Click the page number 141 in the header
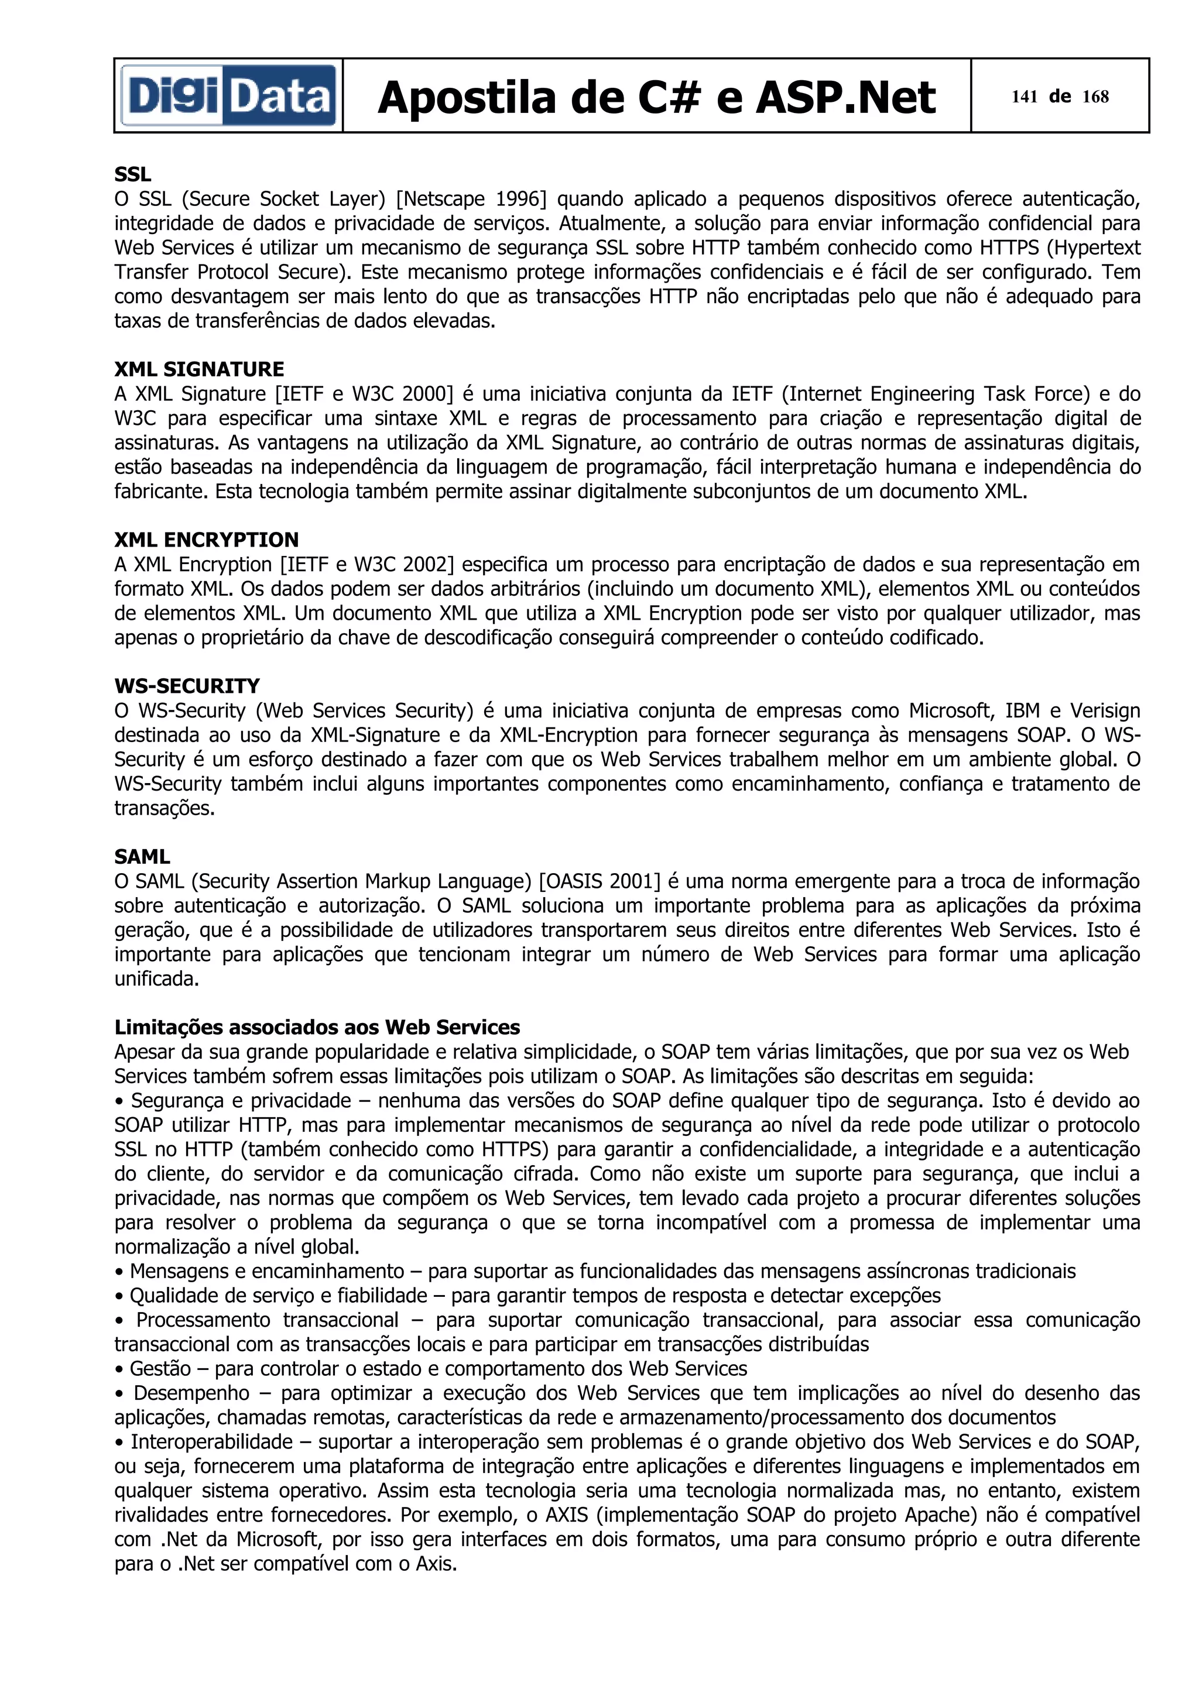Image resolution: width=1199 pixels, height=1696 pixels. point(1025,97)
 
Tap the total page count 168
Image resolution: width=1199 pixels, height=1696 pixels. point(1095,97)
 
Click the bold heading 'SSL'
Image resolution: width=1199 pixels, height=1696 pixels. point(132,175)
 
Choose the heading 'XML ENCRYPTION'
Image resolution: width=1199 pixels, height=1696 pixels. point(206,540)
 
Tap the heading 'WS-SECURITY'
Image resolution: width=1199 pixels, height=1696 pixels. point(187,686)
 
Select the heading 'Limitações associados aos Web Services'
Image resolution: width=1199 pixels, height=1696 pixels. point(317,1028)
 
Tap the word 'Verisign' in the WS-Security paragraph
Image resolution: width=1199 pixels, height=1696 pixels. point(1105,711)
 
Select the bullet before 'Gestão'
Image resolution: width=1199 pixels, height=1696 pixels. point(119,1369)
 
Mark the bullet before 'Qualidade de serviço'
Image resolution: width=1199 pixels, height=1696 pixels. point(119,1296)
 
